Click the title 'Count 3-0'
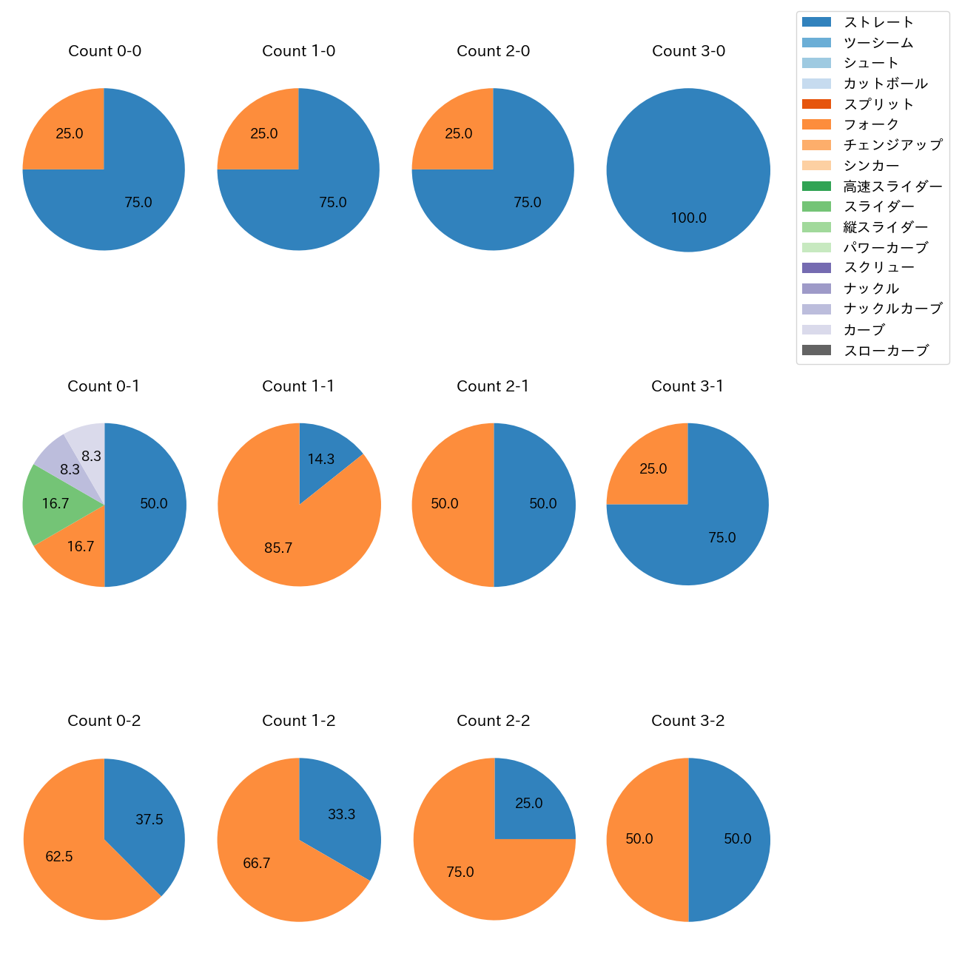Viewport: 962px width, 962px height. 688,51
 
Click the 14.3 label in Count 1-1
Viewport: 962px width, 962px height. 321,460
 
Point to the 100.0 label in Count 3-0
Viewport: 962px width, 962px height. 688,218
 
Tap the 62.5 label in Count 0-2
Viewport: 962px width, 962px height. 59,857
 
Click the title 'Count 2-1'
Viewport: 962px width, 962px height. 493,386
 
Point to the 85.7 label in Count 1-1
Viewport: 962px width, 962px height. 278,548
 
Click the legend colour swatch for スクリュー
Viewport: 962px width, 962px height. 816,268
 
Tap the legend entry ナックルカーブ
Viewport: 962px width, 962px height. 892,309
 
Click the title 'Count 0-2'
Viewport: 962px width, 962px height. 104,721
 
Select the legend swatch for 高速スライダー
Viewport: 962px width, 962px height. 816,186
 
